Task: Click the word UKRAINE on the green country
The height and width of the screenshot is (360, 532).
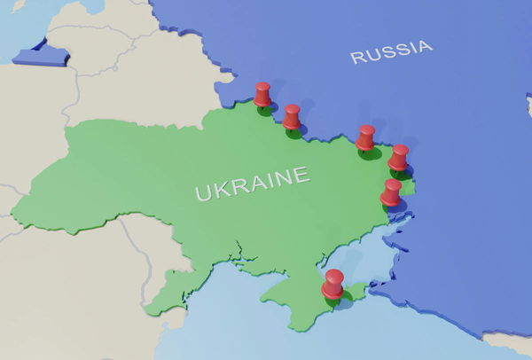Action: point(253,183)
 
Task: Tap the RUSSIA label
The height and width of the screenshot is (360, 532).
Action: point(391,51)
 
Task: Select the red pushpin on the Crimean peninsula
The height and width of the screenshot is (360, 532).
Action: point(332,285)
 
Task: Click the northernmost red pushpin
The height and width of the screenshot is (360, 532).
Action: point(262,94)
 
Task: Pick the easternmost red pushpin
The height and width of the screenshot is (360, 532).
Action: point(399,157)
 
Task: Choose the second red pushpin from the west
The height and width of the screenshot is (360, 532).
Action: point(292,117)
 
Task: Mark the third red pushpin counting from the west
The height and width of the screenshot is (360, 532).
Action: point(365,137)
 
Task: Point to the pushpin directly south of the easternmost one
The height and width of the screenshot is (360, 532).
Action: point(391,192)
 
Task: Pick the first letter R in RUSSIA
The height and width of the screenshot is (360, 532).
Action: point(356,58)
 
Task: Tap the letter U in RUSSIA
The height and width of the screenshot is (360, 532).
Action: point(372,55)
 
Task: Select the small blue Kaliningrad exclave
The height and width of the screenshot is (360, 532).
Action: point(40,54)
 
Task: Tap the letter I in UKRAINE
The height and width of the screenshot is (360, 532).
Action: point(270,180)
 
